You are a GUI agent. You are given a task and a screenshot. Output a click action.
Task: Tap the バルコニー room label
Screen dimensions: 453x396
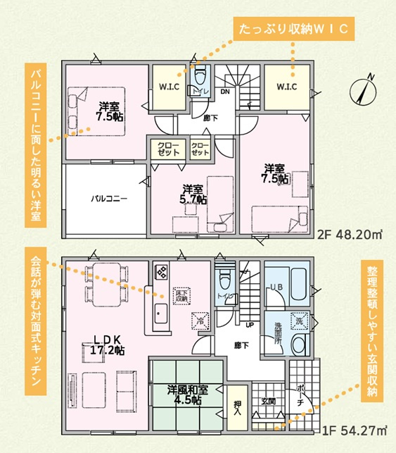click(x=108, y=199)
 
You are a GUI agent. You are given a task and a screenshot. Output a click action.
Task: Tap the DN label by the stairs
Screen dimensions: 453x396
click(x=226, y=91)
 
